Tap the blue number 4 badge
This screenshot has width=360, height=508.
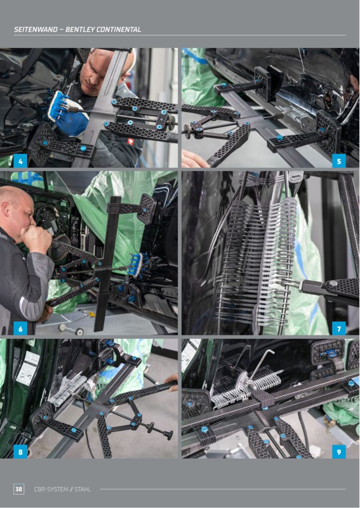[x=20, y=161]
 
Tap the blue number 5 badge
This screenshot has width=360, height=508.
[x=339, y=161]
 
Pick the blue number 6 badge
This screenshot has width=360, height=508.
[x=20, y=328]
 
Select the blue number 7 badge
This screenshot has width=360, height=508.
[x=339, y=328]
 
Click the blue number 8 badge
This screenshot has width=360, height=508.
[x=20, y=451]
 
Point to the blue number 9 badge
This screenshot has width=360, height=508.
[x=339, y=451]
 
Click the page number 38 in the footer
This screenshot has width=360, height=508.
[x=19, y=489]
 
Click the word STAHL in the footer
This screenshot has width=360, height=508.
[x=83, y=489]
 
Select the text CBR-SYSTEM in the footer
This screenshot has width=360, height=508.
[x=51, y=489]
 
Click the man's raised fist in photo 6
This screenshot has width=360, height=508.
[x=36, y=237]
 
